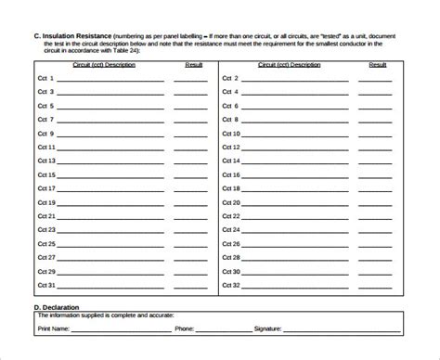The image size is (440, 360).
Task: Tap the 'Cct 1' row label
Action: [45, 79]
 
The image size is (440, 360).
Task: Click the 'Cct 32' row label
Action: [232, 285]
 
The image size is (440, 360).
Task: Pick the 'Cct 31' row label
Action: [46, 285]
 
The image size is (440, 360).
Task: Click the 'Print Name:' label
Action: [57, 328]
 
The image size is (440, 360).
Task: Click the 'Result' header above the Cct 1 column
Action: [194, 65]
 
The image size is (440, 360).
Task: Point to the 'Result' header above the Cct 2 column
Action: [377, 65]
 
